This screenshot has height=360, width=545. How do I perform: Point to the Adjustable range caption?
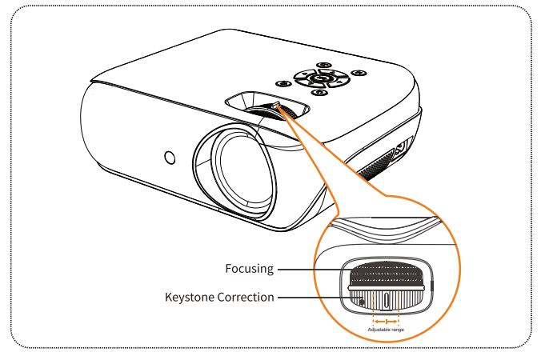coord(386,330)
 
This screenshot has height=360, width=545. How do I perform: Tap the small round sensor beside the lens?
coord(170,157)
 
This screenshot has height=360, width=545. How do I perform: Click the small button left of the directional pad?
coord(283,82)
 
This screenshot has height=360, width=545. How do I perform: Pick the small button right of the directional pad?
coord(359,74)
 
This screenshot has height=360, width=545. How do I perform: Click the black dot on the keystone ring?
coord(363,301)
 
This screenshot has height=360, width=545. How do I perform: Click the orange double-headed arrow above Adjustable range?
coord(387,321)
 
